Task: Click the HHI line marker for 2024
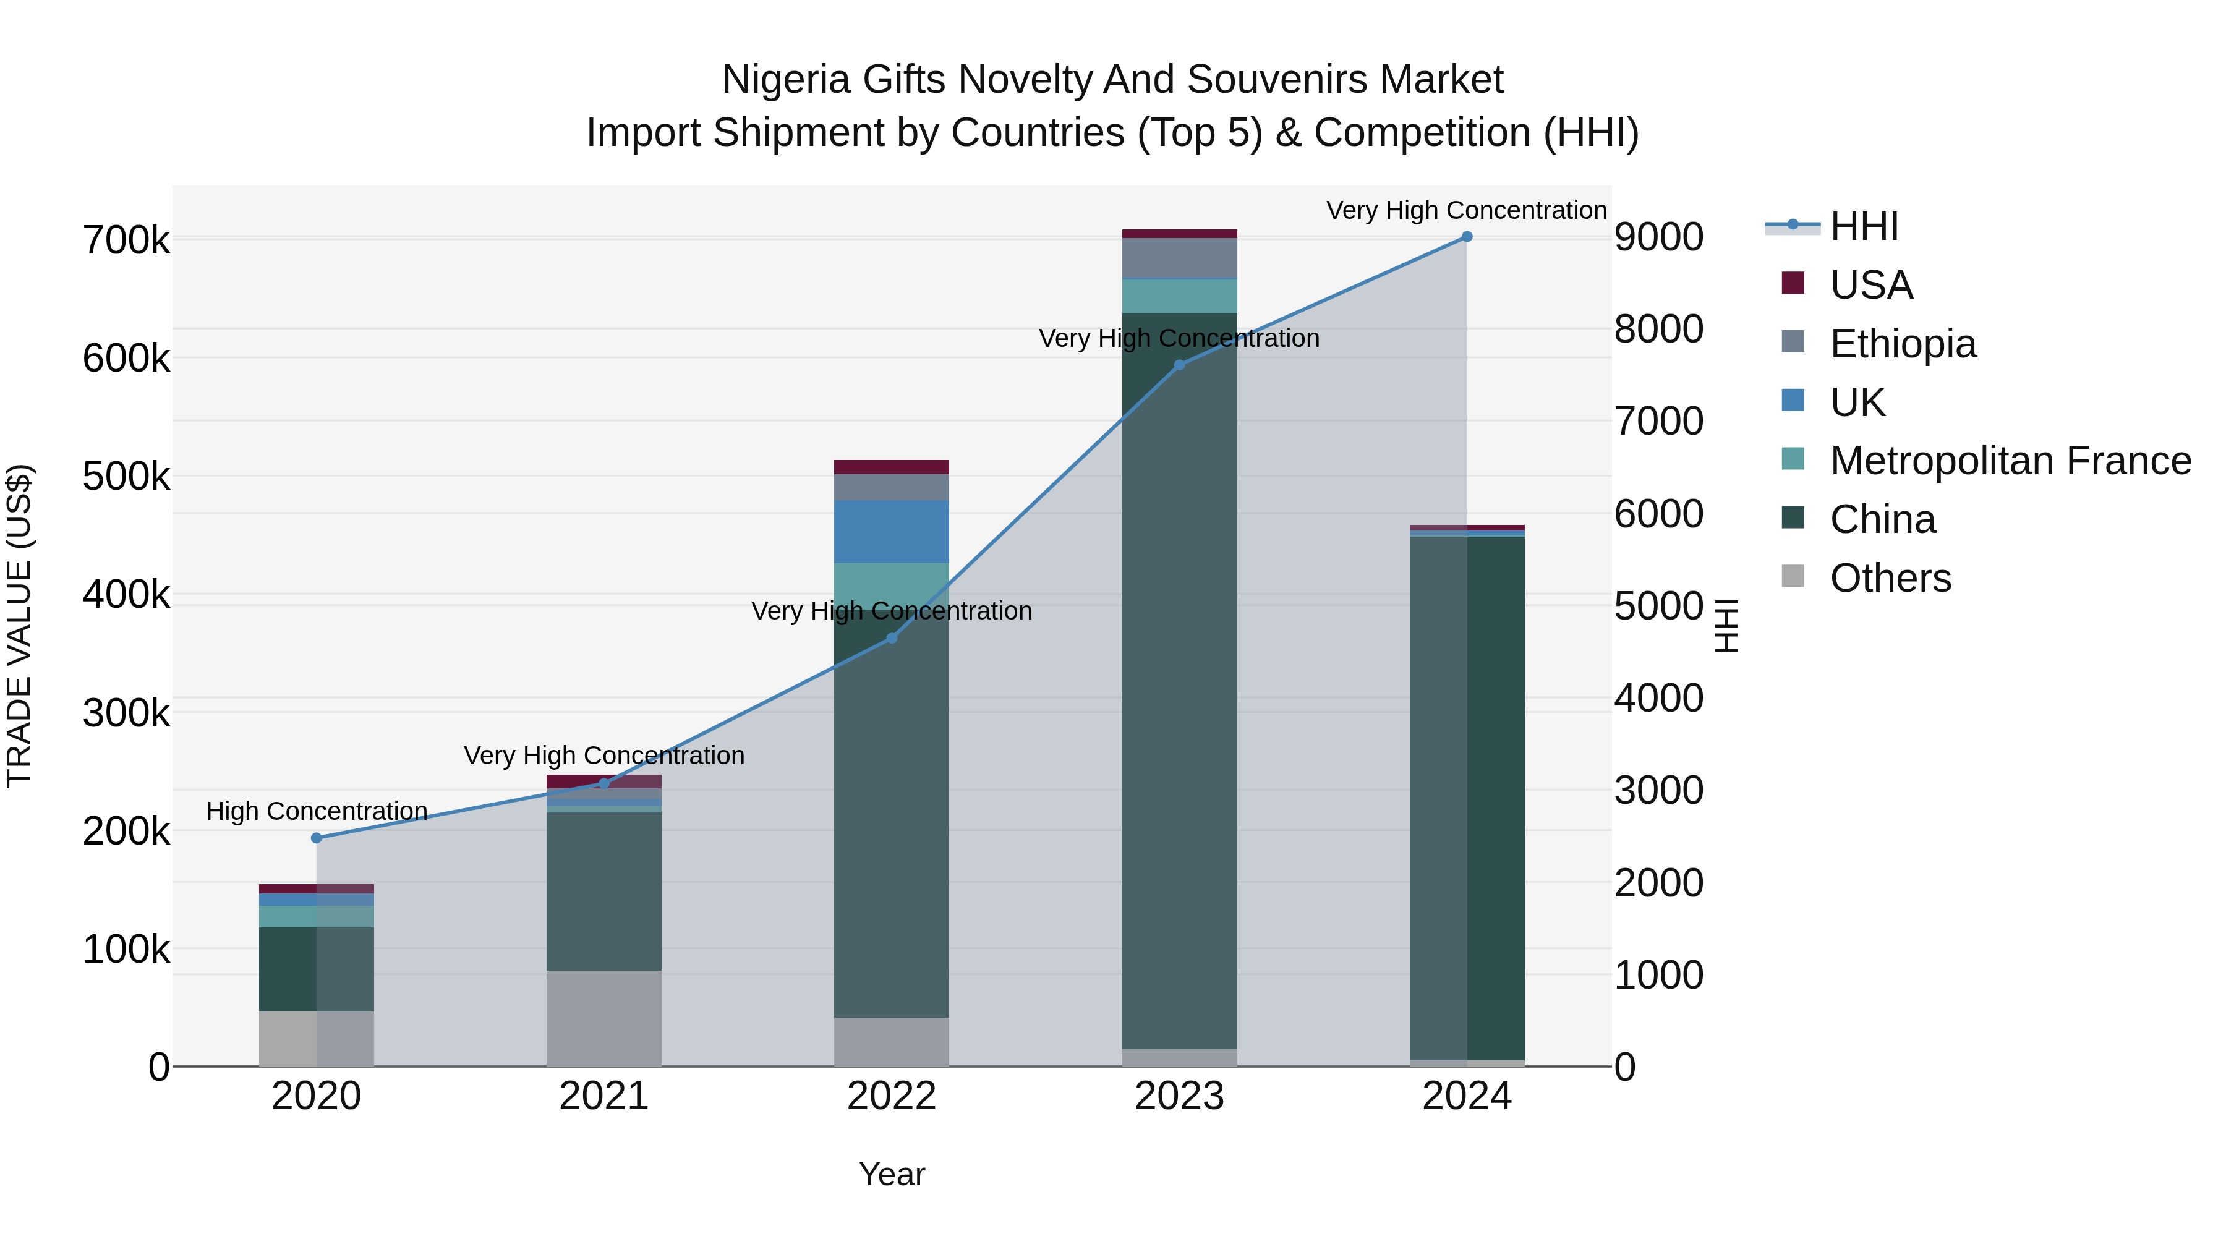(1467, 237)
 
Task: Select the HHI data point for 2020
(316, 838)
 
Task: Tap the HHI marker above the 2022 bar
(892, 639)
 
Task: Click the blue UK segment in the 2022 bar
(891, 531)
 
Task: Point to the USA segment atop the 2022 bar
(891, 467)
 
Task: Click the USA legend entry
(1871, 285)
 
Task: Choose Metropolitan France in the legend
(2010, 461)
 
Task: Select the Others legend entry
(1890, 578)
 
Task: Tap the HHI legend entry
(1863, 226)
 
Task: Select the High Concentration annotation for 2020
(316, 811)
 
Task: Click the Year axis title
(892, 1174)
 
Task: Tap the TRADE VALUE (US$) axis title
(19, 626)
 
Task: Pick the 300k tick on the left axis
(126, 713)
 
